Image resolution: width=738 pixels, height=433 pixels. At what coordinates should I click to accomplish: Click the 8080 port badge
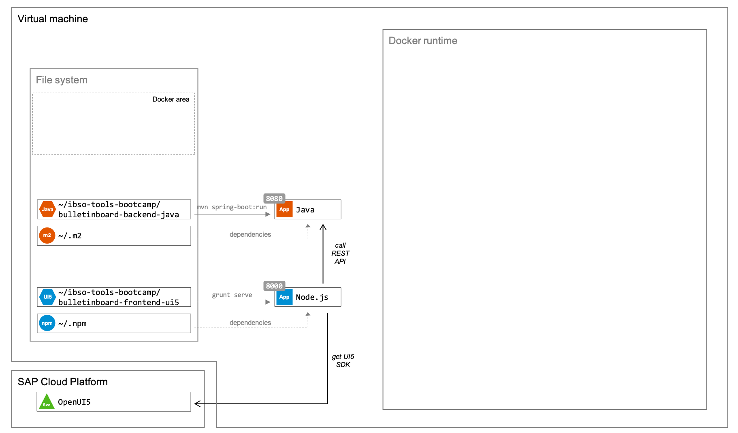(x=274, y=199)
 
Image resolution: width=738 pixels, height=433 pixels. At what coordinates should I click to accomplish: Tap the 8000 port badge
(x=274, y=286)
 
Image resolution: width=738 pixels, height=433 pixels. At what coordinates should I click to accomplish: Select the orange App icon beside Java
(x=284, y=210)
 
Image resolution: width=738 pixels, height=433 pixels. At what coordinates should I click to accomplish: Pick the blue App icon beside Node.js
(x=284, y=297)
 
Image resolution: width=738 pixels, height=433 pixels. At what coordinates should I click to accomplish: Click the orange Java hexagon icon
(x=47, y=209)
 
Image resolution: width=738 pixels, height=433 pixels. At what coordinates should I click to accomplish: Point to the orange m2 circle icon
(x=47, y=236)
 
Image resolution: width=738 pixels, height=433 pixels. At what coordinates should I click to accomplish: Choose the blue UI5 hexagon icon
(x=47, y=297)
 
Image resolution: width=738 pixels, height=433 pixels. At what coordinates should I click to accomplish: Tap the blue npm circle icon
(x=47, y=323)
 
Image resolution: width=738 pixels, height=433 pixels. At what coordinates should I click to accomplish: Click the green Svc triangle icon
(x=47, y=402)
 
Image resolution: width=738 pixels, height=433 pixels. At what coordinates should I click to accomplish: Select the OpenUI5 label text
(x=74, y=402)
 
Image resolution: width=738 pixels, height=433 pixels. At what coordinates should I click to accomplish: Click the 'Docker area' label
(x=171, y=100)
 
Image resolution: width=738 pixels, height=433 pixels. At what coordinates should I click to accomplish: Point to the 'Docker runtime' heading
(x=422, y=41)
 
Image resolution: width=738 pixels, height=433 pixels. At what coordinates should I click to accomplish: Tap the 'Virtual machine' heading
(x=53, y=19)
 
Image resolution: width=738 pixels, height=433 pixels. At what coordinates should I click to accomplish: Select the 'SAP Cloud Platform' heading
(x=63, y=382)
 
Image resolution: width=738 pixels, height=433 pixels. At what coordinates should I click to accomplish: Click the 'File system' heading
(x=62, y=80)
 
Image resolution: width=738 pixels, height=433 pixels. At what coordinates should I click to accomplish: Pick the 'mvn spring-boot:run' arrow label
(x=232, y=207)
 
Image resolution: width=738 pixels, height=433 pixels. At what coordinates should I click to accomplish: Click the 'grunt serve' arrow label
(x=232, y=295)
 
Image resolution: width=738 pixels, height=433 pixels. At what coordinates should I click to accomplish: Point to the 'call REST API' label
(x=340, y=253)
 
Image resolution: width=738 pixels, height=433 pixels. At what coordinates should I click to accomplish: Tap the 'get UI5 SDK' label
(x=343, y=361)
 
